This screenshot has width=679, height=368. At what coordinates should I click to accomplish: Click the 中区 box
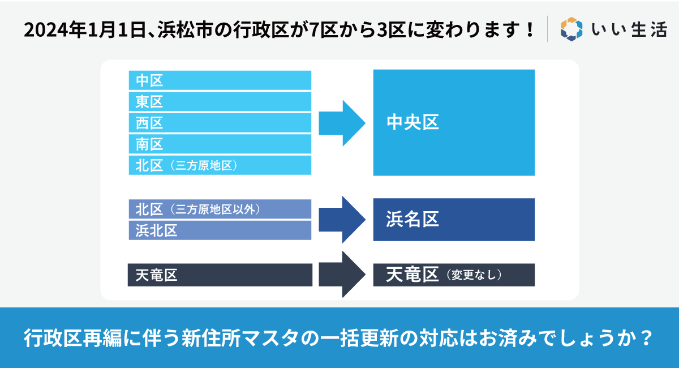(x=220, y=80)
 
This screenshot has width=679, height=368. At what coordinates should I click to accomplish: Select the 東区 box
(x=220, y=102)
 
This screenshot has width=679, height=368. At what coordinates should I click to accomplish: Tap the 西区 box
(x=220, y=123)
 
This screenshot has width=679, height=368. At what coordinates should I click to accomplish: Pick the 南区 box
(x=220, y=144)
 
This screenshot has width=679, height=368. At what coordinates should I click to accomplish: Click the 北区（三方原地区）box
(x=220, y=165)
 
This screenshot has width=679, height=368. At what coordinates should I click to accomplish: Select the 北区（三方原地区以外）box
(x=220, y=209)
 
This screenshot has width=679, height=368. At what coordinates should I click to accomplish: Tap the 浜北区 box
(x=220, y=230)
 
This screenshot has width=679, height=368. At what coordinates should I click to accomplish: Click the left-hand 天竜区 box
(x=220, y=275)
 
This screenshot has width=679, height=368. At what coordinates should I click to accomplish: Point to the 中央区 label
(x=412, y=122)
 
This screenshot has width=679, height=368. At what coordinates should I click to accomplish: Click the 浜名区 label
(x=412, y=219)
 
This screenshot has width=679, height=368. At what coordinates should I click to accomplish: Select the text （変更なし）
(x=474, y=275)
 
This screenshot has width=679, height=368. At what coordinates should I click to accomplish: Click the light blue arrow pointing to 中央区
(x=342, y=123)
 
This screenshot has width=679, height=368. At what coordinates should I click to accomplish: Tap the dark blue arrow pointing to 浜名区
(x=342, y=220)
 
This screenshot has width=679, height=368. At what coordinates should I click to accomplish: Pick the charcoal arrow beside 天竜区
(x=342, y=274)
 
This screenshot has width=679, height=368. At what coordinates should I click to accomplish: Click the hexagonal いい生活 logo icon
(x=571, y=29)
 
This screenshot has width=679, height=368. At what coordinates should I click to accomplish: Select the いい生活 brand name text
(x=629, y=30)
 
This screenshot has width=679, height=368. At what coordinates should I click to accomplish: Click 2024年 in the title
(x=56, y=30)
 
